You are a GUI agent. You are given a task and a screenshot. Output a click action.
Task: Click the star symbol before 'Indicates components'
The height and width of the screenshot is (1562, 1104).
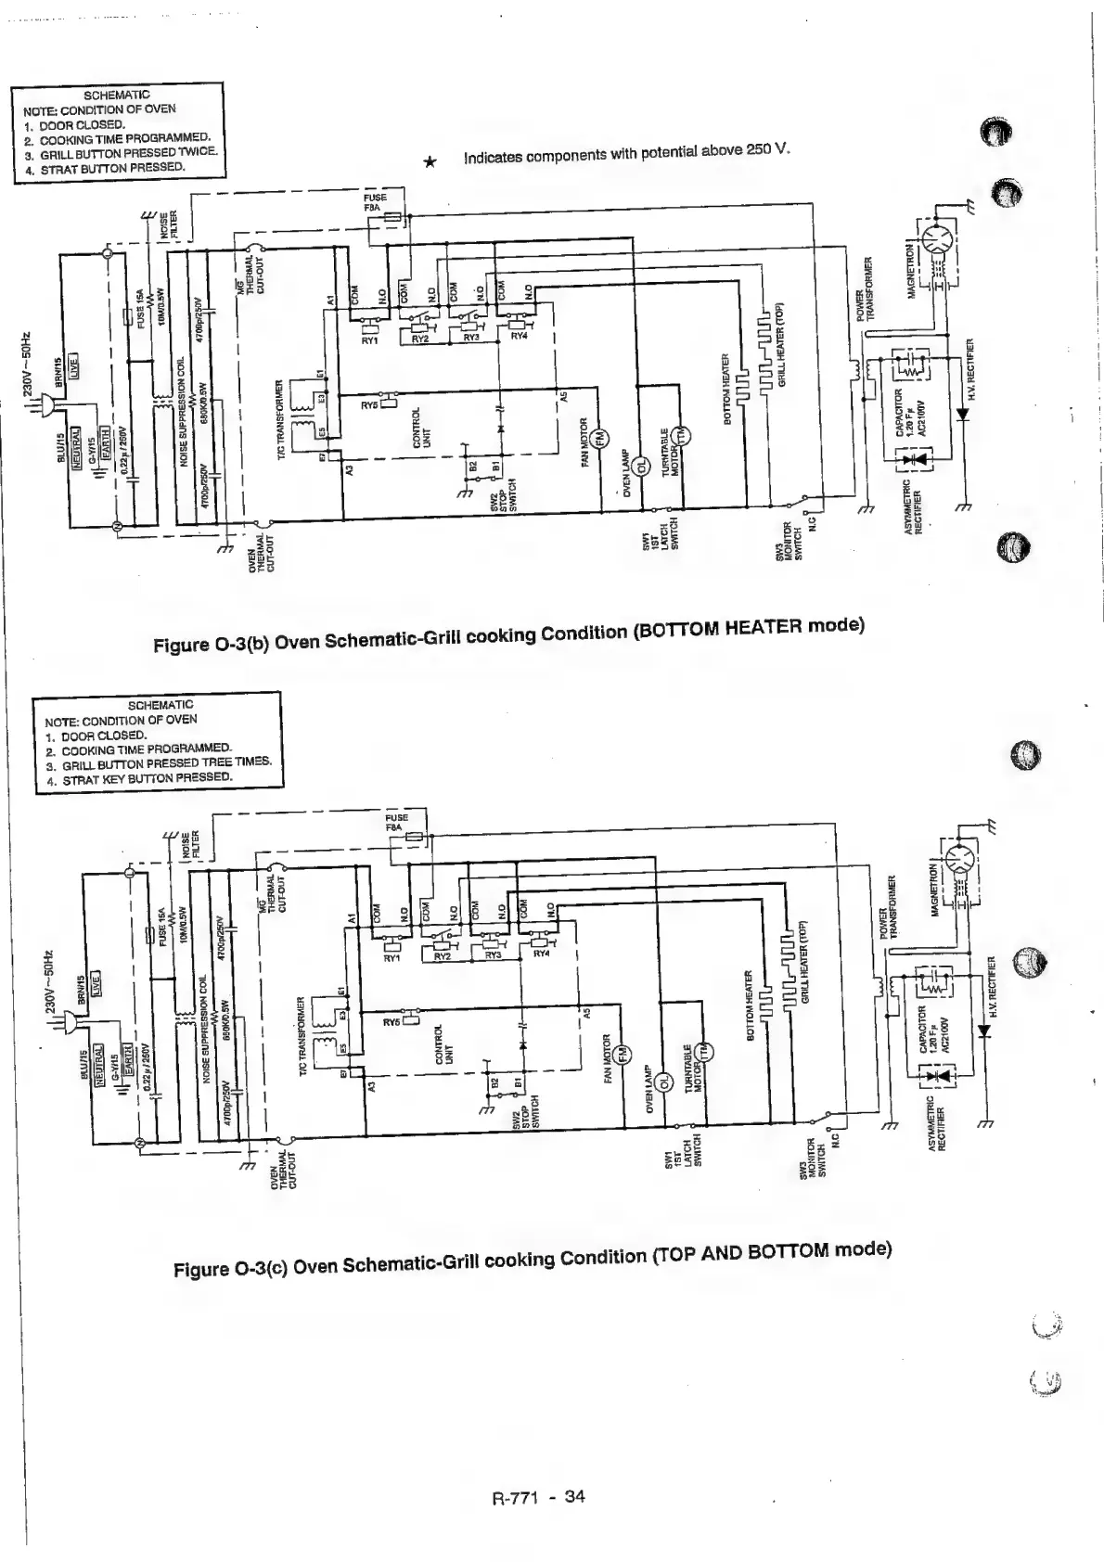point(430,161)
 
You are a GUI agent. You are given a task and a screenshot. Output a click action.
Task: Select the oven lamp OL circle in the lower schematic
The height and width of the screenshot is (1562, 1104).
point(663,1082)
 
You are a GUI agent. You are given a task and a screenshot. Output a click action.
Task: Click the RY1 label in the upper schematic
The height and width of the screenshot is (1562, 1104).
point(369,340)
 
